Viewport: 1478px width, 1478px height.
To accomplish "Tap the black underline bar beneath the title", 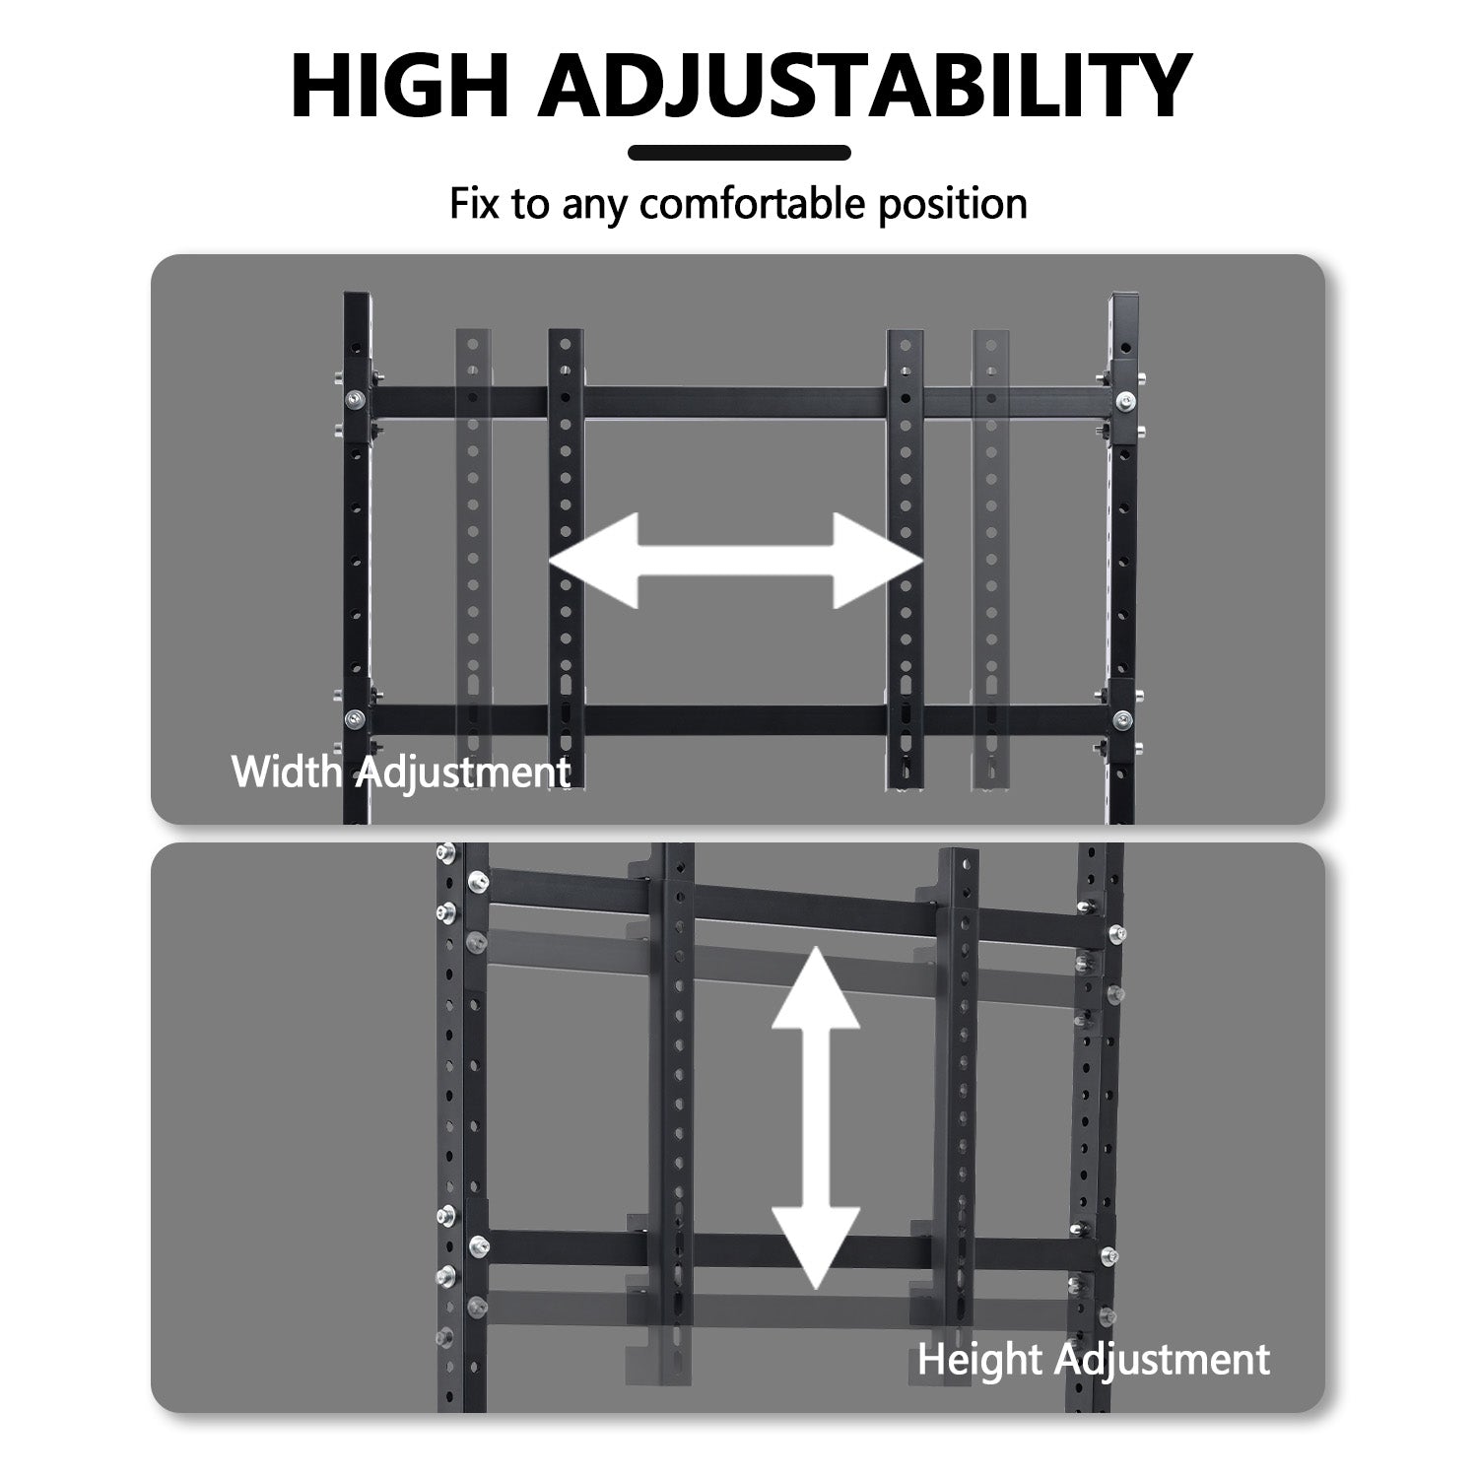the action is coord(739,153).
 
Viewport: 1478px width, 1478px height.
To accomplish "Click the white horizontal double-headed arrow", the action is coord(736,561).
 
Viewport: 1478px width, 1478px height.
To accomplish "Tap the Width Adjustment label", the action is coord(401,772).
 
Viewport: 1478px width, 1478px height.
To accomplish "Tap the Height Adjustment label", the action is coord(1094,1360).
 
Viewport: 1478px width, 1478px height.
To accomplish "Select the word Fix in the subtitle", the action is coord(472,203).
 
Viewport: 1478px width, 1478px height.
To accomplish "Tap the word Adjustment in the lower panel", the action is coord(1163,1360).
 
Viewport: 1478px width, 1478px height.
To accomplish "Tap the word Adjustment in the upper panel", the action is coord(462,773).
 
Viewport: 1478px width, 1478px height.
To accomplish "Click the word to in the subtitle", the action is coord(528,204).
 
